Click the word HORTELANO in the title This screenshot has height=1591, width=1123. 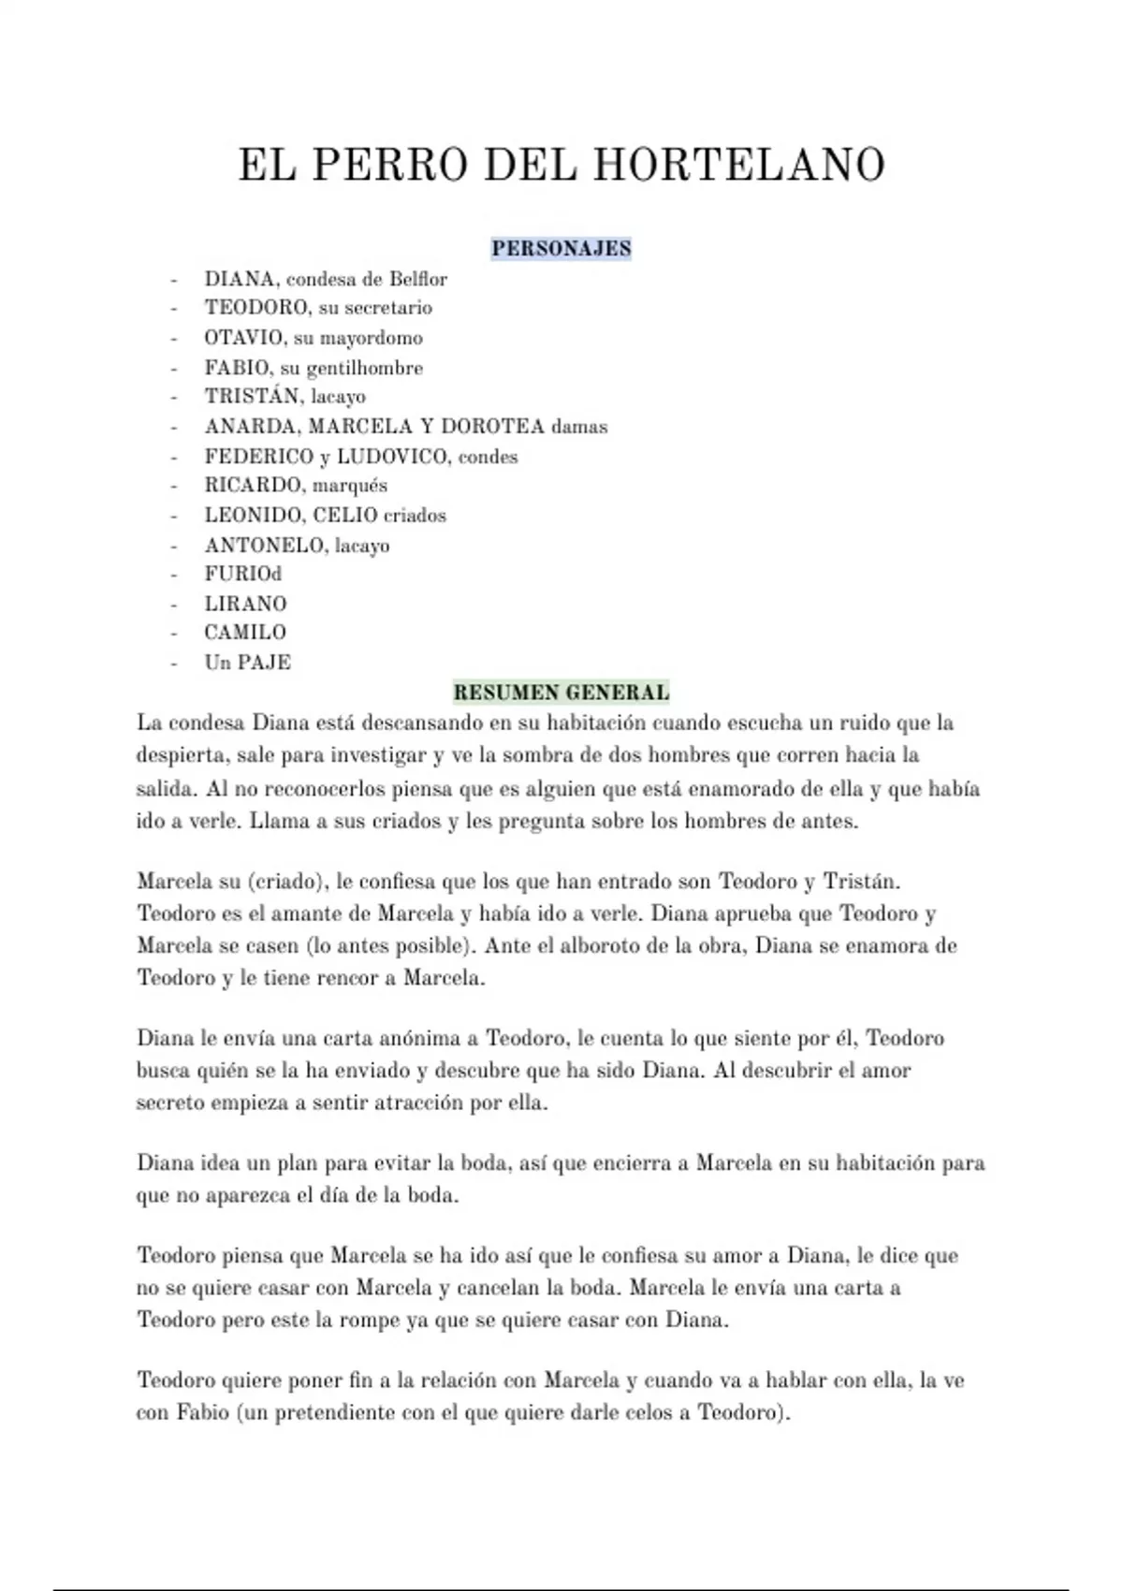(739, 165)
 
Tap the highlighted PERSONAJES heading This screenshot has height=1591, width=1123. (561, 249)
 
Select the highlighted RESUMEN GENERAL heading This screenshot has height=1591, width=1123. (561, 693)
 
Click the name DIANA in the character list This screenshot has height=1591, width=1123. (240, 279)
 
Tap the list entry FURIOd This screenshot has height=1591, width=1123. (243, 574)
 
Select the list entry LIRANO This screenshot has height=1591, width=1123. (245, 604)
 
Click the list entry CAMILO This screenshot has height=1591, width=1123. (245, 633)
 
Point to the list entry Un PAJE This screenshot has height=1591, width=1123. (248, 663)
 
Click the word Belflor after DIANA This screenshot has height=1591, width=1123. (418, 279)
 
